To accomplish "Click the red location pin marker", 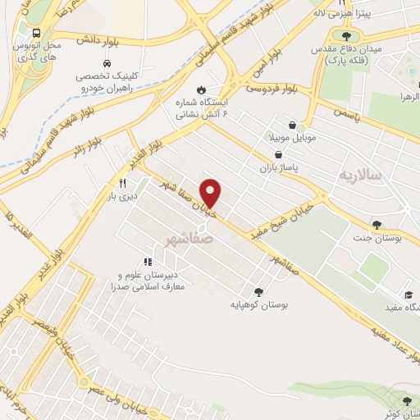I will pyautogui.click(x=212, y=193).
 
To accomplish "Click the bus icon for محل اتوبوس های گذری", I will pyautogui.click(x=37, y=34).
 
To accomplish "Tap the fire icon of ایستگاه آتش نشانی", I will pyautogui.click(x=202, y=90).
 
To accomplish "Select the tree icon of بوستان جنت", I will pyautogui.click(x=377, y=225).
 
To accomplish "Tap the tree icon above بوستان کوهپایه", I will pyautogui.click(x=259, y=291).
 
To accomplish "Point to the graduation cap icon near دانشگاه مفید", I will pyautogui.click(x=408, y=294).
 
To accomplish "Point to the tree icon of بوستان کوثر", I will pyautogui.click(x=407, y=401).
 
